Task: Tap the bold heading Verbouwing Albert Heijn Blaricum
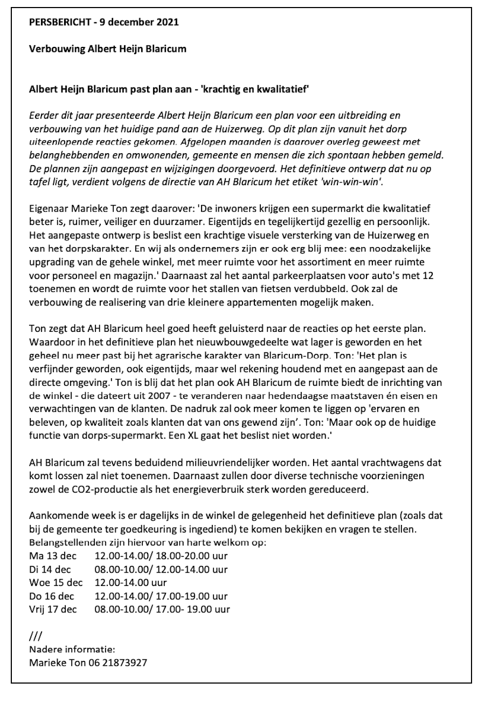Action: point(107,49)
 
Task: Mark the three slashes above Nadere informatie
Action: point(34,634)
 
